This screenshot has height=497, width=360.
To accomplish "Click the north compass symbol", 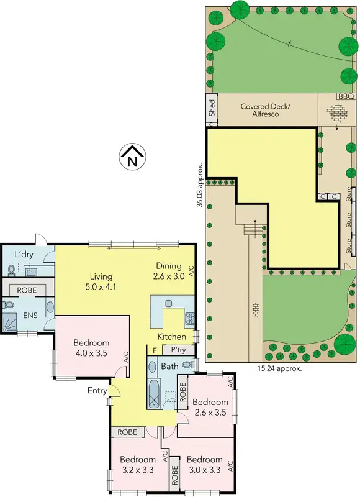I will pos(132,157).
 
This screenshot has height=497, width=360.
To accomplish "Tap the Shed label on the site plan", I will pos(212,107).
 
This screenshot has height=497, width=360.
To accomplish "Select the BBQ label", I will pos(345,97).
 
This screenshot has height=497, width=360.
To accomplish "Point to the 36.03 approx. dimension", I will pos(200,185).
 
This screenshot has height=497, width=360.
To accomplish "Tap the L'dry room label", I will pos(24,255).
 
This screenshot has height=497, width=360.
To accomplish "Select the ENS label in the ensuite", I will pos(30,315).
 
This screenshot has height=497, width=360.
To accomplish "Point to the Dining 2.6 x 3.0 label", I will pos(169,271).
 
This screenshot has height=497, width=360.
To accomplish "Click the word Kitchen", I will pos(171,337).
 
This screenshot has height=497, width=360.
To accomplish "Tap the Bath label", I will pos(169,367).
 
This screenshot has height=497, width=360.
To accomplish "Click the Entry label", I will pos(97,390).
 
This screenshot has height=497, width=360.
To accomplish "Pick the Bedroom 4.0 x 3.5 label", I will pos(91,348).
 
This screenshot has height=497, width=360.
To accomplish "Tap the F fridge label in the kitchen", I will pos(155,350).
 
